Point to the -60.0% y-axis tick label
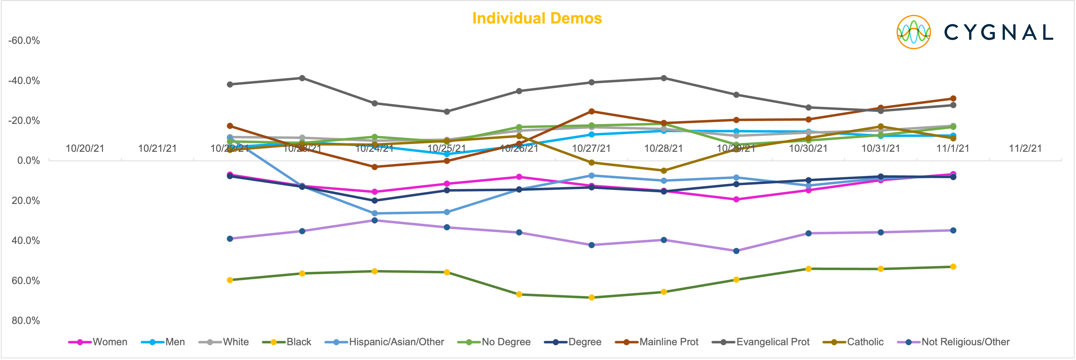[x=24, y=41]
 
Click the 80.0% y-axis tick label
[x=26, y=321]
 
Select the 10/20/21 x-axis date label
[x=85, y=148]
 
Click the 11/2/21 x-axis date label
[x=1025, y=148]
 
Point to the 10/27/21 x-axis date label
[x=591, y=148]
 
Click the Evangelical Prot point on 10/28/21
[x=664, y=78]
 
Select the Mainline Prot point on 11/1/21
[x=953, y=99]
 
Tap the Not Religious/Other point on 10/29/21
[x=736, y=251]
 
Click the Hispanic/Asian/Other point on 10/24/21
[x=375, y=213]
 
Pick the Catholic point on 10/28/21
[x=664, y=170]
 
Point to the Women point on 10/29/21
[x=736, y=199]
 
